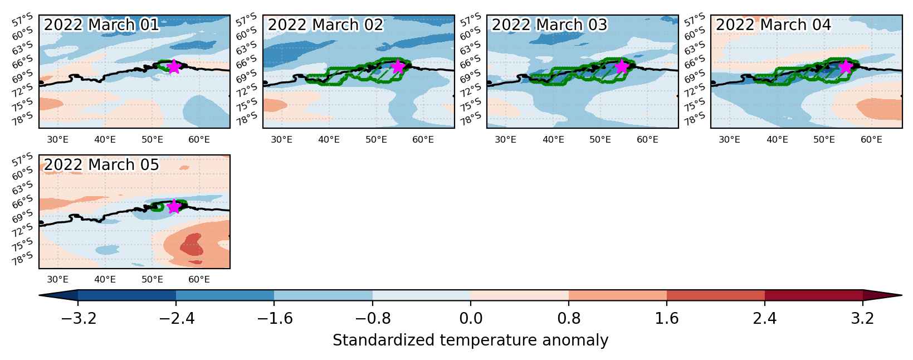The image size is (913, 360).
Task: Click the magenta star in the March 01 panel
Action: coord(174,66)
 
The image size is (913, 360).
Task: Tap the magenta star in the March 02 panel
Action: coord(398,66)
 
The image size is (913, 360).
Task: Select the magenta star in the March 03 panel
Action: coord(622,66)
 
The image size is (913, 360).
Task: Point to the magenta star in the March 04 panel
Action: coord(846,66)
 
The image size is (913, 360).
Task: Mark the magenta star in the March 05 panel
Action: coord(174,206)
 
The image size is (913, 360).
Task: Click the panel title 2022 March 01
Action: coord(101,25)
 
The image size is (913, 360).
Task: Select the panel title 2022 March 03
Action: coord(549,25)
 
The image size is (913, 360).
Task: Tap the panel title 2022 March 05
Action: coord(101,165)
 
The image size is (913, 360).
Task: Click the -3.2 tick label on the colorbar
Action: coord(79,318)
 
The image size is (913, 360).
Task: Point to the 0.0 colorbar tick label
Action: coord(471,318)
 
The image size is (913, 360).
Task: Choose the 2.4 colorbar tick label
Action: coord(765,318)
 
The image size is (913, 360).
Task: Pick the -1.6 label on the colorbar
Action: coord(274,318)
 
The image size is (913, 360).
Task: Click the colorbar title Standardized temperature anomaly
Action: coord(470,340)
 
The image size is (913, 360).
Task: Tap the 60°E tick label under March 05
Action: coord(199,280)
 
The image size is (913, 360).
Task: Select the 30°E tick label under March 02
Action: coord(282,140)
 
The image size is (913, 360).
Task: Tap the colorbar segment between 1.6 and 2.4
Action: coord(716,295)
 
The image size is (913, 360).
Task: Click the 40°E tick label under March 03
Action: coord(553,140)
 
